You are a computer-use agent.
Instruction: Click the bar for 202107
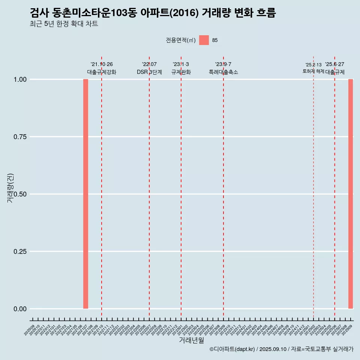click(x=85, y=194)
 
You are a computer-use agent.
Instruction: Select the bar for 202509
click(x=351, y=194)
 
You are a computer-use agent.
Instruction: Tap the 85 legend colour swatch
click(x=204, y=40)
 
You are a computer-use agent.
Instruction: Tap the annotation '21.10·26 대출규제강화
click(x=102, y=68)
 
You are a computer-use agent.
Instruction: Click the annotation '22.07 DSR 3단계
click(x=149, y=68)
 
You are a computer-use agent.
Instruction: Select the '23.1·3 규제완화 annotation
click(x=181, y=68)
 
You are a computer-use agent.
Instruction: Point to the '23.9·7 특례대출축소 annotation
click(x=223, y=68)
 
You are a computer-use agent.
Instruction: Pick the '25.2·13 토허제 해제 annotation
click(x=313, y=68)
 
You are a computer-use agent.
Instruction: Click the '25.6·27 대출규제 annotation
click(x=334, y=68)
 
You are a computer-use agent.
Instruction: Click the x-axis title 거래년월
click(x=191, y=340)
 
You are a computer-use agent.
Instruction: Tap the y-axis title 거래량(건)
click(x=10, y=188)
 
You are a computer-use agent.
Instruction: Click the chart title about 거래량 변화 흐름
click(x=153, y=13)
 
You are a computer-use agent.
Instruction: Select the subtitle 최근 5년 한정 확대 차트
click(x=64, y=24)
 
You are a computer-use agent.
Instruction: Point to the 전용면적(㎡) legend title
click(x=181, y=40)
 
